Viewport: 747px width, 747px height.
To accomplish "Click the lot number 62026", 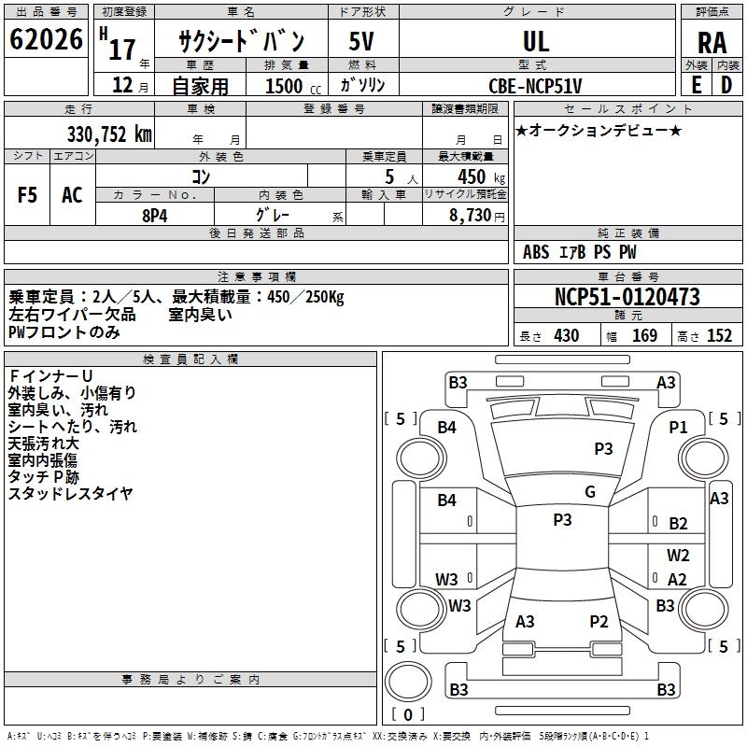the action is tap(46, 39).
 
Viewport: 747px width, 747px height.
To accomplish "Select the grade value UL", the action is tap(536, 41).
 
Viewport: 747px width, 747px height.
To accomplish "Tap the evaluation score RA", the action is tap(712, 43).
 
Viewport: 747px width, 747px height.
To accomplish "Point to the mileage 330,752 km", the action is tap(109, 134).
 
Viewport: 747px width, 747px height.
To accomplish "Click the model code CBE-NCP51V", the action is tap(535, 86).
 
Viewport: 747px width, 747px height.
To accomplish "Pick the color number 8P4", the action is tap(155, 216).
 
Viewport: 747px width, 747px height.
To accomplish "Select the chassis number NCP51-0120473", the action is tap(627, 297).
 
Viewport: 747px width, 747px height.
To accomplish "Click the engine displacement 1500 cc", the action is tap(293, 86).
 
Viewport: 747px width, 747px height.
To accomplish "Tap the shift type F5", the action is tap(27, 195).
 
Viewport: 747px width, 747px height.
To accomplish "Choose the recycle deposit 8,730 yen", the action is tap(477, 216).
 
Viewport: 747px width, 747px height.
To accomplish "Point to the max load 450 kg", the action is tap(481, 177).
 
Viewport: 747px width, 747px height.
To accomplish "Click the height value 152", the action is tap(719, 336).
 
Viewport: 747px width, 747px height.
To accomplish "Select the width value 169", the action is tap(644, 336).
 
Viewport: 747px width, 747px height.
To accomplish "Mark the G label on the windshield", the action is tap(590, 492).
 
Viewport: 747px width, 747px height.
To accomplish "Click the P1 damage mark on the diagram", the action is tap(678, 428).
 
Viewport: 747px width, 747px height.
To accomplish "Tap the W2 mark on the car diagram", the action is tap(678, 555).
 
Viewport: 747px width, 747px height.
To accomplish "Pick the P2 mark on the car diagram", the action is tap(599, 621).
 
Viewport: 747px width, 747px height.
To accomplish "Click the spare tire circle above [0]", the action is tap(408, 682).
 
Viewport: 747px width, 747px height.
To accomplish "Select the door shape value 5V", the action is tap(361, 41).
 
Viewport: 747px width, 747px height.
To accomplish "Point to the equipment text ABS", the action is tap(536, 252).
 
